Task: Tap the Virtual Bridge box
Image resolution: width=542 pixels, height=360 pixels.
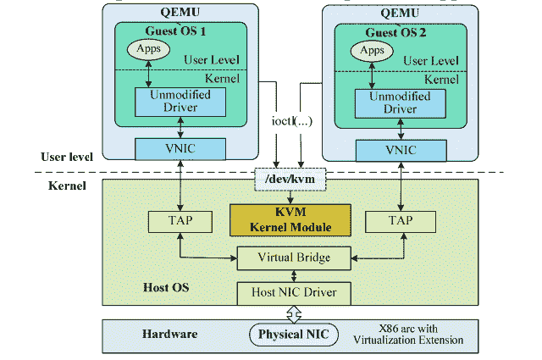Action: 294,258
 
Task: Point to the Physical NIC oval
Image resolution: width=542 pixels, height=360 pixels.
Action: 294,335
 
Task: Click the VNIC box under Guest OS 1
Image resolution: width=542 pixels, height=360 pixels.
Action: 180,149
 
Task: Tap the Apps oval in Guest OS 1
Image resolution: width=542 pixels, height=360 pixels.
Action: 150,50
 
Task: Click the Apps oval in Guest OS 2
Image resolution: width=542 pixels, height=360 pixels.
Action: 372,51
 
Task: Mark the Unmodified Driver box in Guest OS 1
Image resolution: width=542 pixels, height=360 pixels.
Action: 179,102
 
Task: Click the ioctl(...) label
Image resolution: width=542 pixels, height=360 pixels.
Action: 291,120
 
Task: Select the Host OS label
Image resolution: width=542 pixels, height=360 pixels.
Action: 165,288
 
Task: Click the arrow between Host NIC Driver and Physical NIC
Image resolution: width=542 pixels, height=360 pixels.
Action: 294,313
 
